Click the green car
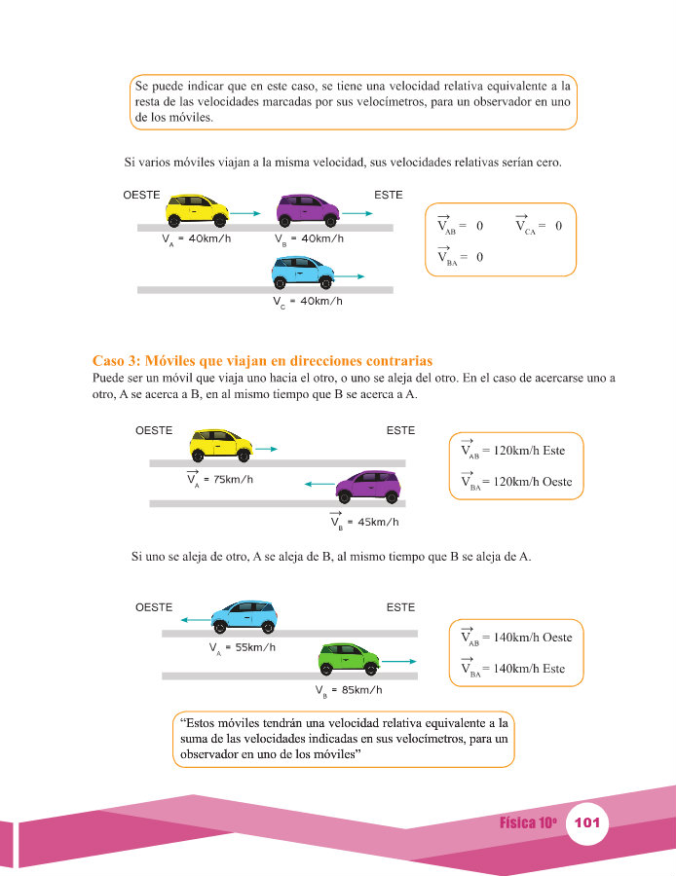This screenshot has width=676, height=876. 349,658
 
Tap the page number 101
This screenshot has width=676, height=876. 587,822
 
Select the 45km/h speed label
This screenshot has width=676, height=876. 364,522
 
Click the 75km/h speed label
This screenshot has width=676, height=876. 220,479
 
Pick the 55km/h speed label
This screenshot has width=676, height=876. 243,648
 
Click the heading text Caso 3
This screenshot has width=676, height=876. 116,360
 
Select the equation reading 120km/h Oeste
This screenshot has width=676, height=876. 516,482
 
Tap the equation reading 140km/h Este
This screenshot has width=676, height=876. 512,668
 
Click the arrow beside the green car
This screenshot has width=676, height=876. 398,662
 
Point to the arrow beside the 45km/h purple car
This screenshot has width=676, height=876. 319,484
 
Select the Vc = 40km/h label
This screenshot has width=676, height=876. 308,302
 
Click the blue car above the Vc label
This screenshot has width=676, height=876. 303,273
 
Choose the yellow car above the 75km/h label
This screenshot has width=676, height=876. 221,446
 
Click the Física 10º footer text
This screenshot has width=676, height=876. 528,822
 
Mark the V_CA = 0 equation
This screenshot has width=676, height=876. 539,225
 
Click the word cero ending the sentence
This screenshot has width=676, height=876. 548,163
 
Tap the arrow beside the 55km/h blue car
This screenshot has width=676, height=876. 195,620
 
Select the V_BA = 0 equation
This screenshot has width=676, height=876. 460,256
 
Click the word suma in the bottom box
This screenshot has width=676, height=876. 193,739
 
